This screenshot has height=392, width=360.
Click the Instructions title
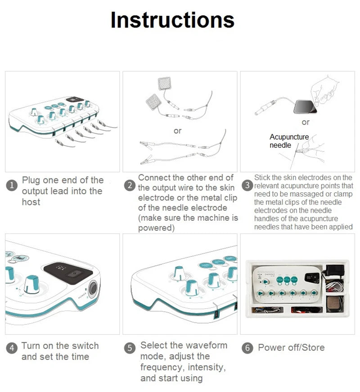click(x=172, y=20)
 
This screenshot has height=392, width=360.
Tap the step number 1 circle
click(x=12, y=186)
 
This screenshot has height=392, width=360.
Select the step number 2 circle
click(x=130, y=186)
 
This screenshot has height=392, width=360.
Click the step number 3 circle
click(x=247, y=185)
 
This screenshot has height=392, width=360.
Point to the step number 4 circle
click(x=12, y=348)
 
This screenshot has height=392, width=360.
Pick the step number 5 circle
click(x=130, y=348)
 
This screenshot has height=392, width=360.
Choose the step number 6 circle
click(x=247, y=348)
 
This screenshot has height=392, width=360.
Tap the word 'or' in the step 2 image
click(x=177, y=131)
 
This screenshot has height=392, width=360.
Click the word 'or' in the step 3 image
click(x=306, y=122)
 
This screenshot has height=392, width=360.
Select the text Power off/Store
click(x=291, y=348)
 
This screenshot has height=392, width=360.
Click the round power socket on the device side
click(x=93, y=289)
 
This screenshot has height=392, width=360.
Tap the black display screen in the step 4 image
click(x=68, y=270)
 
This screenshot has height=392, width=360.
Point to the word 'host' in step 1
click(x=31, y=202)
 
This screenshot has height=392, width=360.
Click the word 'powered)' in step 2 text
click(x=156, y=228)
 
